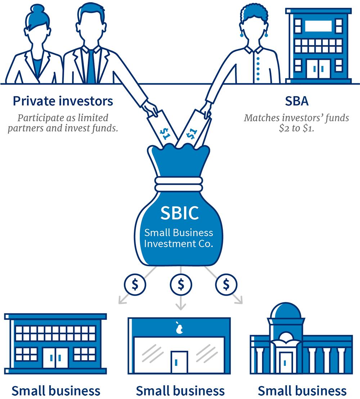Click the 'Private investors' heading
click(x=63, y=101)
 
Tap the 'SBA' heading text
click(x=297, y=101)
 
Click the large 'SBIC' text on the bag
click(x=179, y=213)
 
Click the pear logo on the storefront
click(x=179, y=327)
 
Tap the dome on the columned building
click(x=286, y=310)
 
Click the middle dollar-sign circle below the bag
click(x=181, y=284)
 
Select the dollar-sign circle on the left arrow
click(x=135, y=284)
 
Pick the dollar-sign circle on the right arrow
click(x=226, y=284)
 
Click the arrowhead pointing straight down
click(x=181, y=306)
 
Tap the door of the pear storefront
click(x=179, y=362)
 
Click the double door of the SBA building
click(x=318, y=69)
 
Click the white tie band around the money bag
click(x=179, y=184)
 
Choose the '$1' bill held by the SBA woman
click(x=194, y=129)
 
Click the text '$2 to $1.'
click(x=297, y=128)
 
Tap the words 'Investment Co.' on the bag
click(x=178, y=244)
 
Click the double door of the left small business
click(x=55, y=358)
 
